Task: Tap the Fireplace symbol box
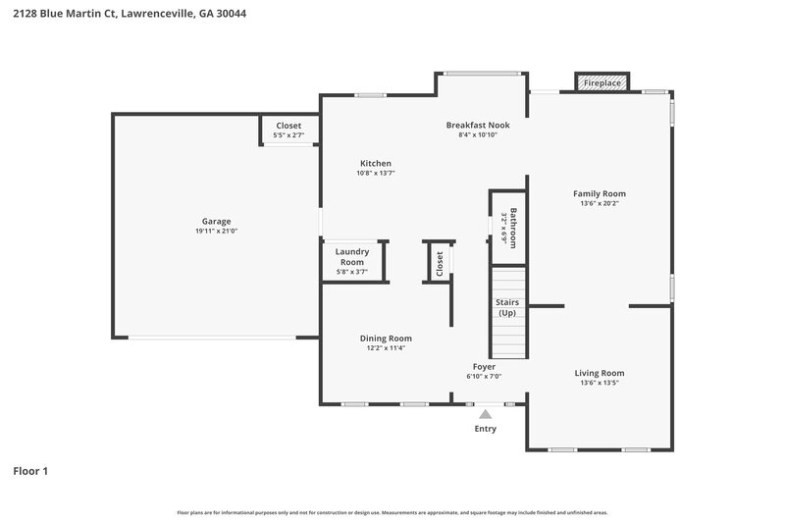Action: tap(602, 83)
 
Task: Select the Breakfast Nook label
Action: tap(478, 125)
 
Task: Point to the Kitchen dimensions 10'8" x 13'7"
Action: tap(375, 173)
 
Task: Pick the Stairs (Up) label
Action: tap(507, 307)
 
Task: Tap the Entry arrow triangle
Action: tap(485, 415)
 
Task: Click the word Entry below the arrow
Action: tap(485, 429)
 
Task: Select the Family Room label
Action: tap(600, 193)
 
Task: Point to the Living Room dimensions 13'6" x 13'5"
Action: tap(600, 383)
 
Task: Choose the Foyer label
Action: tap(485, 366)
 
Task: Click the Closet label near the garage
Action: tap(288, 126)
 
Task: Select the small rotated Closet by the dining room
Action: tap(440, 262)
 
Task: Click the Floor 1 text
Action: tap(30, 471)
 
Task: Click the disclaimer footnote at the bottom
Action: tap(392, 512)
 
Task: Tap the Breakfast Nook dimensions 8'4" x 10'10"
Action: tap(478, 134)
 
